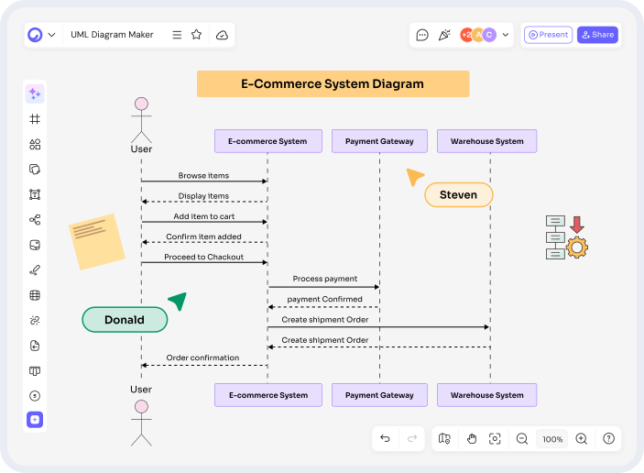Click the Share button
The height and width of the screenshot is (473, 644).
[597, 35]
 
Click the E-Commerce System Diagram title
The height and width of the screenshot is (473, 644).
[333, 83]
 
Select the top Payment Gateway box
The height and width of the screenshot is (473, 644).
[379, 141]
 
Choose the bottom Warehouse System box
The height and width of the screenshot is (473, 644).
[486, 395]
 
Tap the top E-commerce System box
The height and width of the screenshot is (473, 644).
[267, 141]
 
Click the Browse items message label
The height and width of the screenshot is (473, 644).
[203, 175]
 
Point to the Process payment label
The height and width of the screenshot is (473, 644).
[324, 279]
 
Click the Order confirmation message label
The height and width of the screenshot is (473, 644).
[202, 357]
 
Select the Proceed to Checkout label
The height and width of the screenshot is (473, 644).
[203, 257]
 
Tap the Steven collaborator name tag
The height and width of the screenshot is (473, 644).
[458, 195]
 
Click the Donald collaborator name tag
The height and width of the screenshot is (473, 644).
[125, 320]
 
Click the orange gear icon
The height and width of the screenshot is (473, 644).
[577, 247]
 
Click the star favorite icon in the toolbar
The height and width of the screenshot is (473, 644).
[196, 35]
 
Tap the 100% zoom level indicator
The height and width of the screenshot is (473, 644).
[552, 439]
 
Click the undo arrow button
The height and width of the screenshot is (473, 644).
[385, 439]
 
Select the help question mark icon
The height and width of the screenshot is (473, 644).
[608, 439]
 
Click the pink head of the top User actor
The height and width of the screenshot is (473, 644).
[141, 104]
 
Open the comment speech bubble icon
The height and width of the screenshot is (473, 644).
[422, 35]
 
